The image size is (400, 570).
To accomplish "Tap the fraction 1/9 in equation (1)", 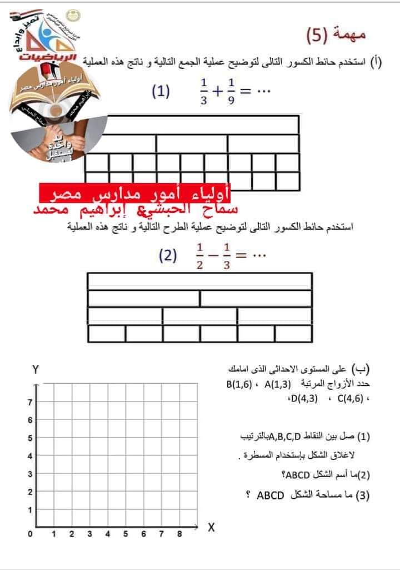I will click(x=231, y=92).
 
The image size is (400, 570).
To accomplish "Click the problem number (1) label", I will click(x=161, y=91).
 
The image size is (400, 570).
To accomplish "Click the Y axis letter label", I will click(x=36, y=369).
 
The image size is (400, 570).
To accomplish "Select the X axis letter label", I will click(x=211, y=527).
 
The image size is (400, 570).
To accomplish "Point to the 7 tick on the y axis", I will click(x=30, y=402).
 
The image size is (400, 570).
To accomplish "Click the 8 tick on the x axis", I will click(x=179, y=534).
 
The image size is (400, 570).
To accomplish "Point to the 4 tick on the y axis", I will click(x=30, y=456).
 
